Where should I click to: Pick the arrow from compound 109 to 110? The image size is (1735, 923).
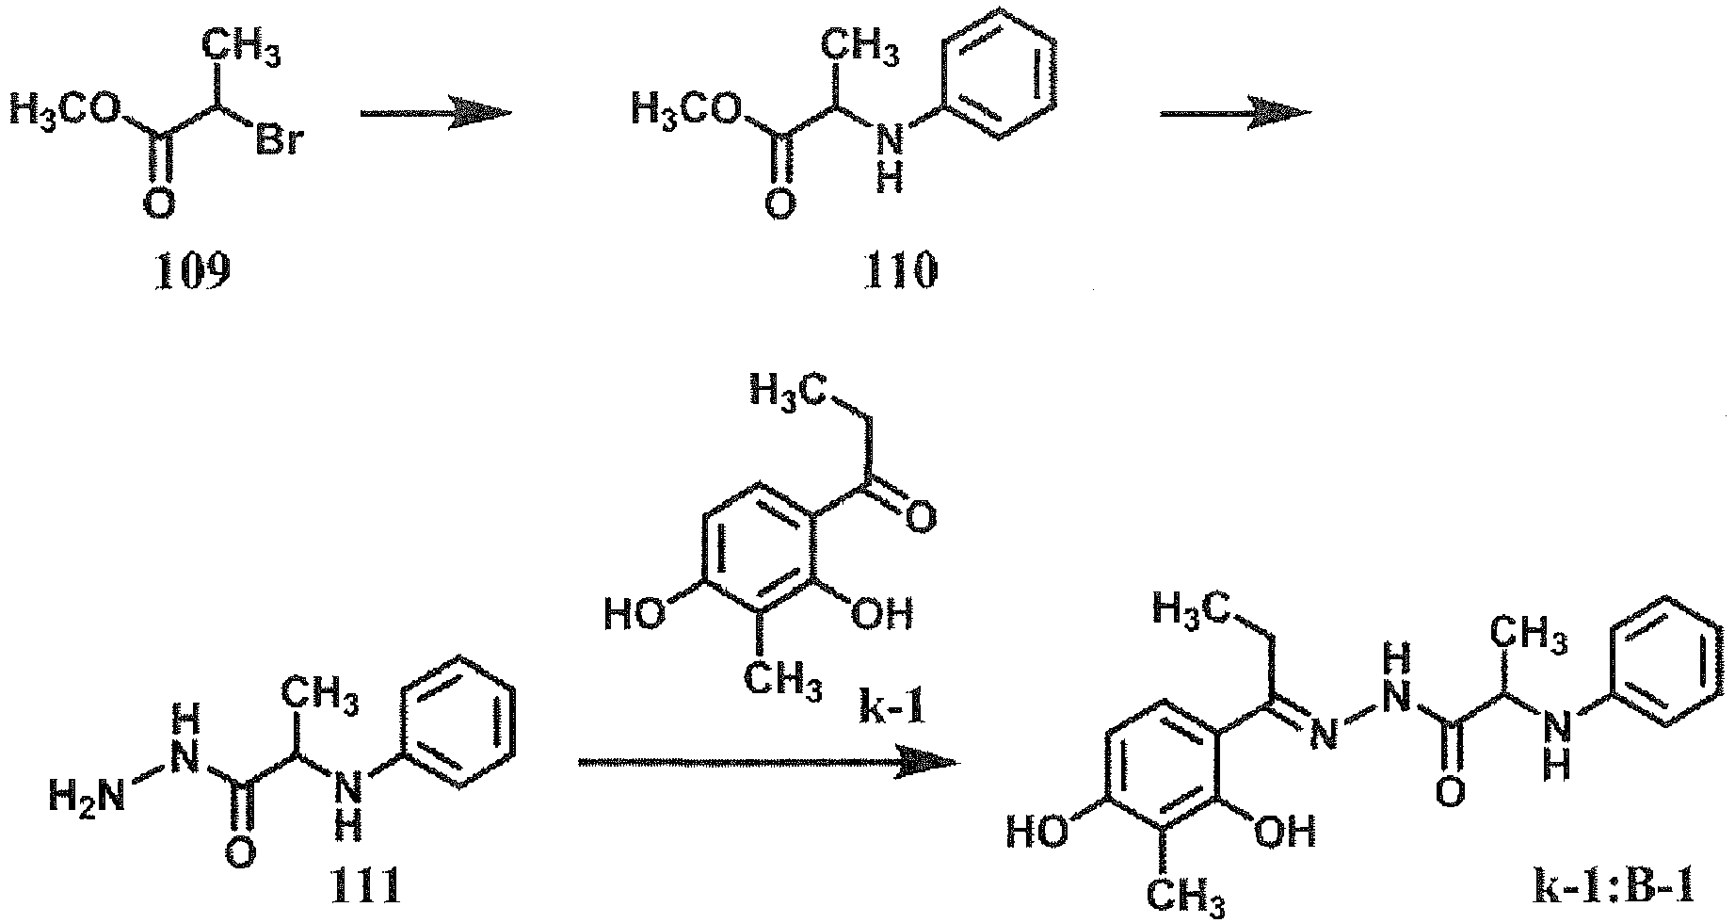436,114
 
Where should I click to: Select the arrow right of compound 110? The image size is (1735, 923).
1235,114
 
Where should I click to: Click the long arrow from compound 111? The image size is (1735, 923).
768,761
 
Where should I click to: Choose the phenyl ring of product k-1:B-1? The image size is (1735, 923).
1674,660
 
